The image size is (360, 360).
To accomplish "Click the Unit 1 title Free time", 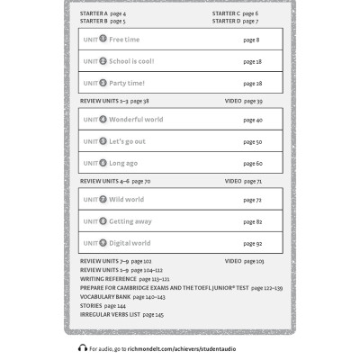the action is coord(123,40).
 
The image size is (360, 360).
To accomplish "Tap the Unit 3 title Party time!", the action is coord(126,83).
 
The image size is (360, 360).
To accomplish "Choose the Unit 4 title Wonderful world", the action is coord(136,120).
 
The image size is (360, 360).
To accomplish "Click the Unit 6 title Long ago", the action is coord(122,163).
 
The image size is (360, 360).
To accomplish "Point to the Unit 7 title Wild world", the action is coord(126,200).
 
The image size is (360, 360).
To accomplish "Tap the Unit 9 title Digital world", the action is coord(130,243).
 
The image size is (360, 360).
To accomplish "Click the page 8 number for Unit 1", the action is coord(251,40).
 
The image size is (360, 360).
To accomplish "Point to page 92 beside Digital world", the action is coord(252,243).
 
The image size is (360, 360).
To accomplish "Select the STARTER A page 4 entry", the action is coord(103,14).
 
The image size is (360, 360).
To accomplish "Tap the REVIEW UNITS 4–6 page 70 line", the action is coord(115,181).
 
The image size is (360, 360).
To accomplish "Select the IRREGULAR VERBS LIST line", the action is coord(121,314).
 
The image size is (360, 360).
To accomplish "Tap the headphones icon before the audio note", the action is coord(83,347).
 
